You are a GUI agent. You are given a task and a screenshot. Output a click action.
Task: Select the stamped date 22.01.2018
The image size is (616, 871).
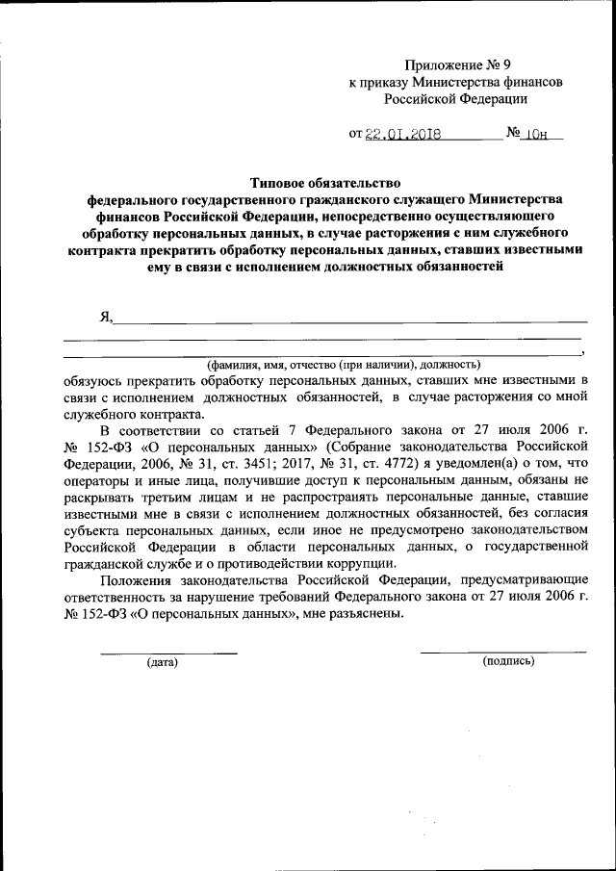pos(402,136)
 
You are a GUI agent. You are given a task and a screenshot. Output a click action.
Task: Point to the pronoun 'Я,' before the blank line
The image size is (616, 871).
pos(105,317)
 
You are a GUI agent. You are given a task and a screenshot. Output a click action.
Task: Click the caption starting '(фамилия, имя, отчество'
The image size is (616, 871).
pos(345,365)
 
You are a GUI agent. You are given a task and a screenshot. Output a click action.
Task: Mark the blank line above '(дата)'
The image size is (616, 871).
pos(168,653)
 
